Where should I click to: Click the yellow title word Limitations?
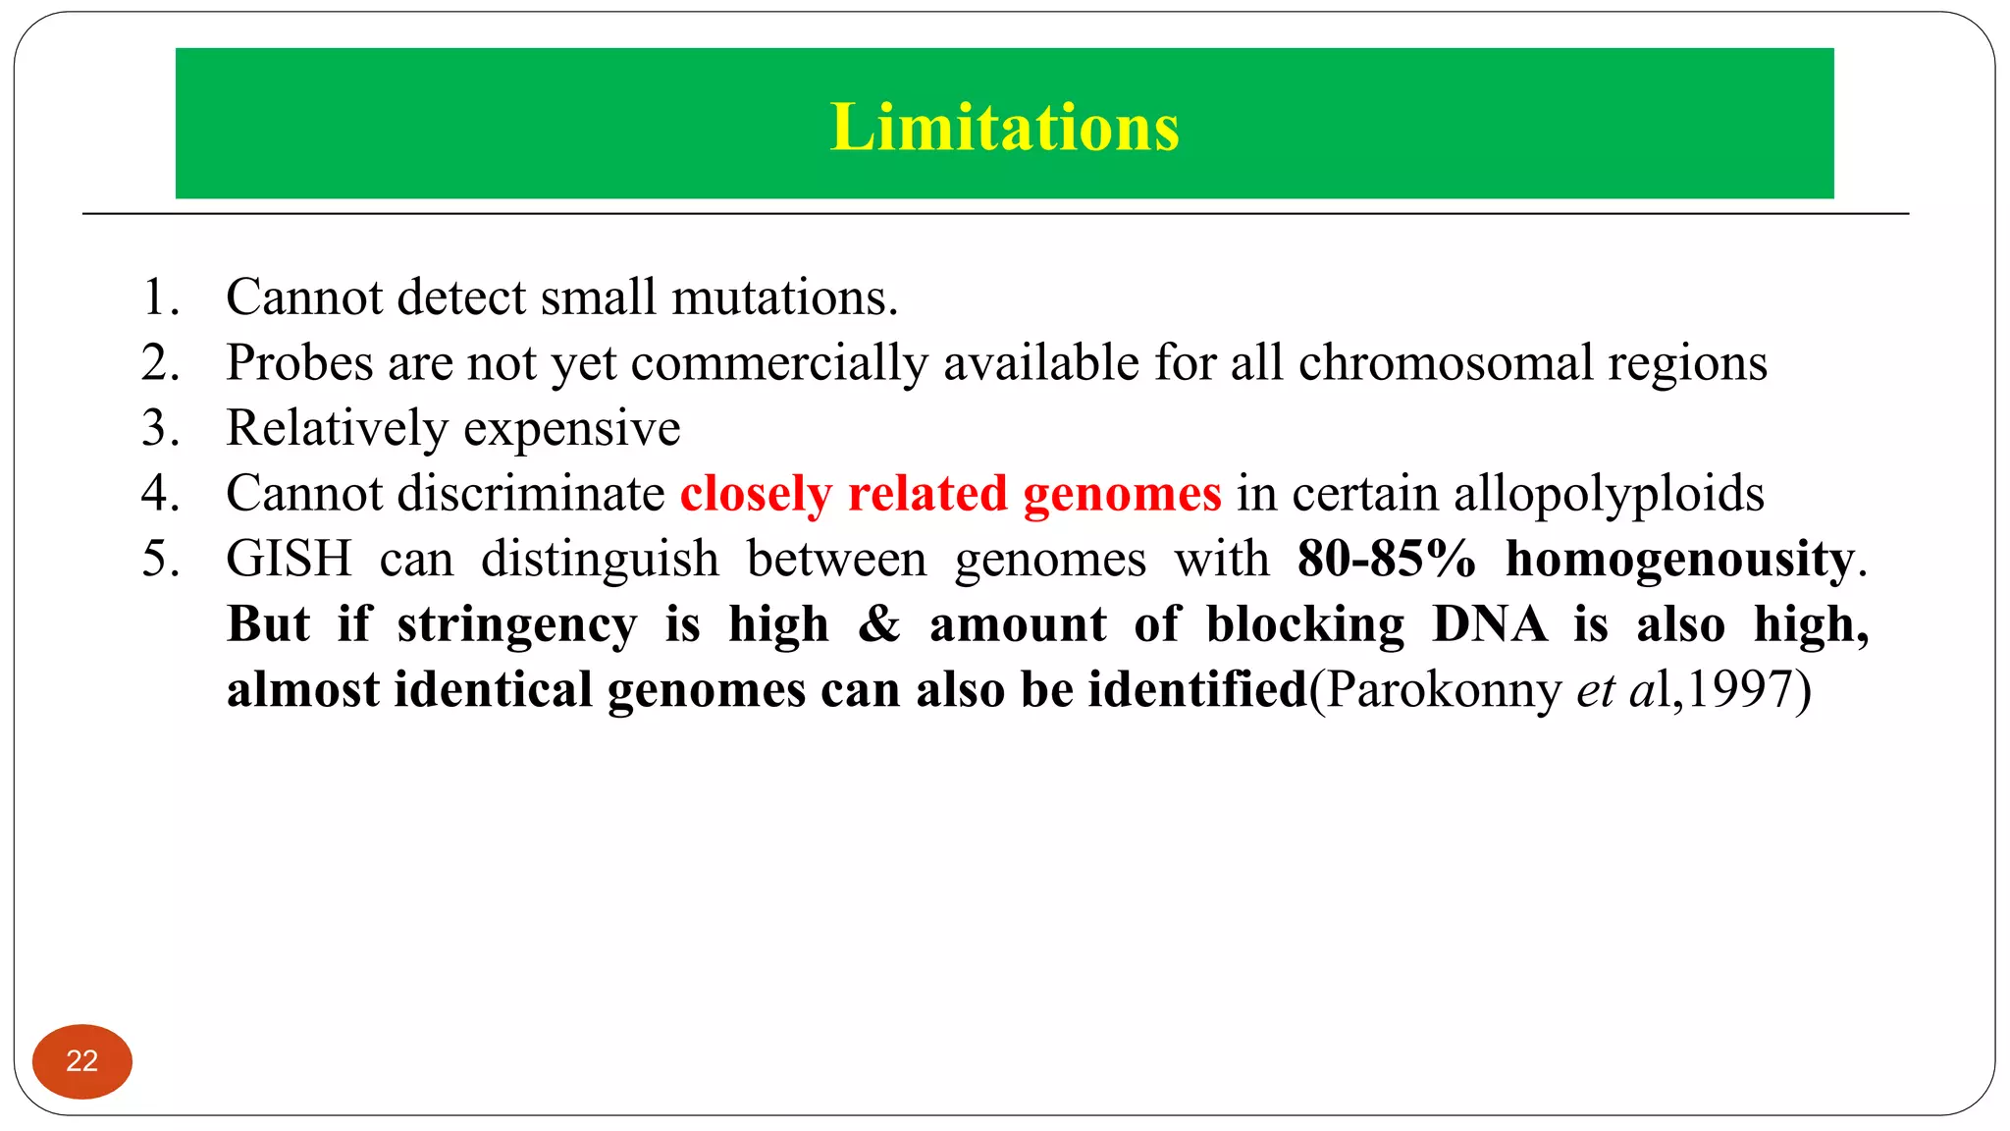coord(1004,128)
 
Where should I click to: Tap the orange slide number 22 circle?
coord(82,1061)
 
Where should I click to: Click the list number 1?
coord(160,297)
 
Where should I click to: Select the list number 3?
coord(160,429)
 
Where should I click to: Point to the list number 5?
coord(160,560)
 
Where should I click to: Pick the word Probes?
coord(299,364)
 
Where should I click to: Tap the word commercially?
coord(778,364)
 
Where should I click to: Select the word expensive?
coord(571,430)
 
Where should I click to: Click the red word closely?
coord(756,494)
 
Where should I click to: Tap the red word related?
coord(926,494)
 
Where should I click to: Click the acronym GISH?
coord(289,560)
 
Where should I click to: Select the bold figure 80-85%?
coord(1386,560)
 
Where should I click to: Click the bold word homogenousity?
coord(1679,560)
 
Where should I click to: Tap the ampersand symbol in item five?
coord(878,624)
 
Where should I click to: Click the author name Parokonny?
coord(1441,690)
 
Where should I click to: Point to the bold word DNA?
coord(1488,624)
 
